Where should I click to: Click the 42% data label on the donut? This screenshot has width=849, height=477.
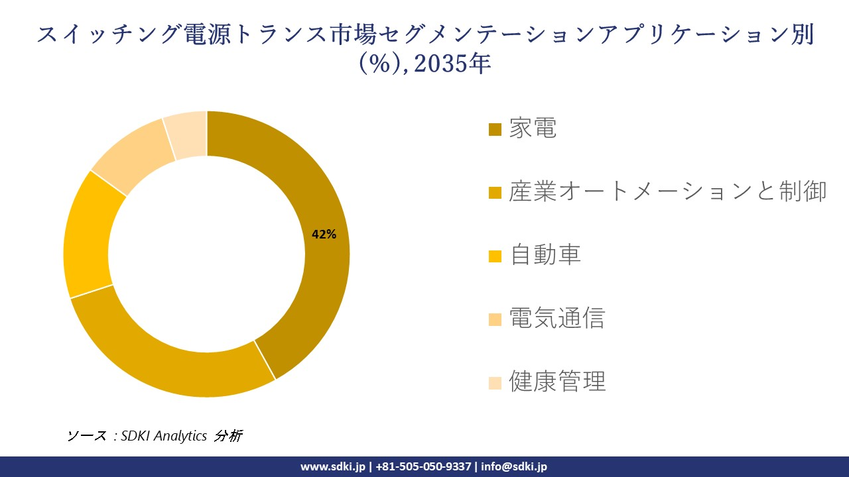[x=324, y=234]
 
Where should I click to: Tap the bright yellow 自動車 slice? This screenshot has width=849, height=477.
[x=90, y=238]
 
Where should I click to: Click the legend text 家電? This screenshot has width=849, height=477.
[x=533, y=128]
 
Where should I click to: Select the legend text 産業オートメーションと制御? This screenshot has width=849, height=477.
[x=667, y=191]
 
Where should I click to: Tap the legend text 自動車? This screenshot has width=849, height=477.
[x=545, y=255]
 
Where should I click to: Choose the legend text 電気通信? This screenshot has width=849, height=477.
[x=556, y=319]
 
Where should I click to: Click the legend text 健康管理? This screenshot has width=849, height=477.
[x=556, y=382]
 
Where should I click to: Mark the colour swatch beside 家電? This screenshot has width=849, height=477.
[x=495, y=129]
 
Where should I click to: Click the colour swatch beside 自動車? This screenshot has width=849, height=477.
[x=495, y=256]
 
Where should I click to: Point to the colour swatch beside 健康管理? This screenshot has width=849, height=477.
[x=495, y=383]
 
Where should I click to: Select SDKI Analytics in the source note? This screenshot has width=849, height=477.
[x=164, y=436]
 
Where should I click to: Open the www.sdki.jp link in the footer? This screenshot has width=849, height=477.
[x=332, y=466]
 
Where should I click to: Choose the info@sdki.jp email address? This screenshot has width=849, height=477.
[x=514, y=466]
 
